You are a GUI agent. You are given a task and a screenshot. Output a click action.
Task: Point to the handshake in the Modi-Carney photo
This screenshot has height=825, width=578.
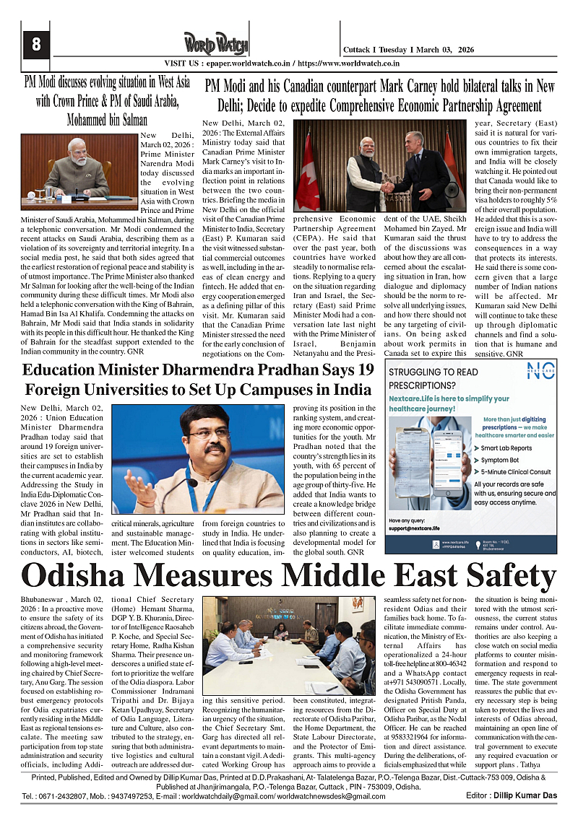(388, 187)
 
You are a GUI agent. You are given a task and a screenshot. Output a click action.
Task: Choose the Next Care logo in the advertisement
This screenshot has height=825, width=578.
(541, 373)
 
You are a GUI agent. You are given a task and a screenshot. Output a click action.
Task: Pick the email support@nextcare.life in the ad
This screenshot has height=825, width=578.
(420, 528)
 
